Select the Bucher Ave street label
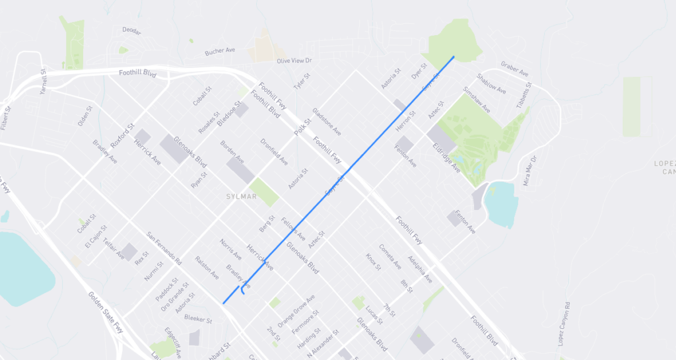[x=220, y=50]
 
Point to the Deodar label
[x=132, y=30]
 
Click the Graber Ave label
[x=515, y=69]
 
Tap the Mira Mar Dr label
[x=530, y=171]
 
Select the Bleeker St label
[x=198, y=320]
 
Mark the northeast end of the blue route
[x=454, y=57]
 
